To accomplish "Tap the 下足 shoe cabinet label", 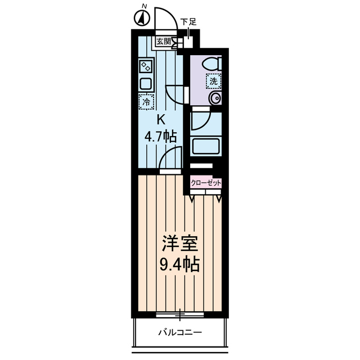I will [x=188, y=22].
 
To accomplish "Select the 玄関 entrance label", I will [x=163, y=41].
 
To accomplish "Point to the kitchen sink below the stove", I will [x=146, y=84].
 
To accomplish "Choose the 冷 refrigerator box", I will [x=146, y=102].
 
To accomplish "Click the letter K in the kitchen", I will [x=160, y=119].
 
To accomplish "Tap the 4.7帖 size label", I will [x=161, y=136].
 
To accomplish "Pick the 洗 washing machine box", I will [x=213, y=81].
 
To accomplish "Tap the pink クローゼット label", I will [x=206, y=183].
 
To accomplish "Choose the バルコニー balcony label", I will [x=180, y=332].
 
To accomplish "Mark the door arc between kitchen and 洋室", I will [x=170, y=159].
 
